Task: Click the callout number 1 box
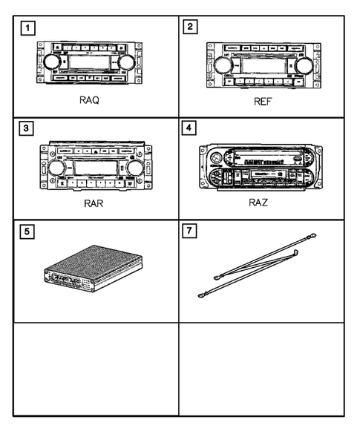(x=27, y=30)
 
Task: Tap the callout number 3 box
(x=27, y=128)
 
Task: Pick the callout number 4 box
(x=192, y=128)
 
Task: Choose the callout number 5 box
(x=27, y=231)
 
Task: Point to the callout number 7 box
(x=192, y=231)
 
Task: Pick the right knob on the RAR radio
(x=134, y=168)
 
